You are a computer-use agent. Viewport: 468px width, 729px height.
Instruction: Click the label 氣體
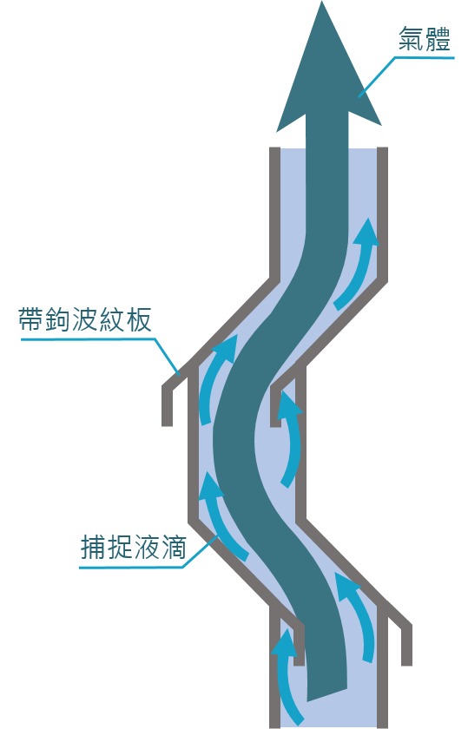(425, 39)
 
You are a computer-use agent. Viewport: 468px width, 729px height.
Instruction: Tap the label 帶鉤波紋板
(85, 320)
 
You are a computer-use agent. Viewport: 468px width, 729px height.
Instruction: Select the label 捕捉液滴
(134, 547)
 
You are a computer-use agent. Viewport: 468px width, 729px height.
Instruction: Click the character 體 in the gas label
(438, 39)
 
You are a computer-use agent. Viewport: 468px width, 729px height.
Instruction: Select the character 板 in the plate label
(140, 320)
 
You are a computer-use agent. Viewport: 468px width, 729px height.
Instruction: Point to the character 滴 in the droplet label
(175, 547)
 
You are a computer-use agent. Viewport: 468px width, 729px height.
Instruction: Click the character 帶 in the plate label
(31, 320)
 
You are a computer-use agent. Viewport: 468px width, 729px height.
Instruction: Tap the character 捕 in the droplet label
(93, 547)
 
